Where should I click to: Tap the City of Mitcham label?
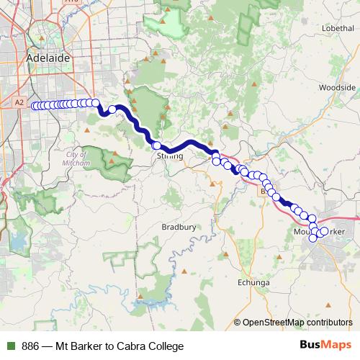click(x=77, y=159)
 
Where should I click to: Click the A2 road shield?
click(x=19, y=104)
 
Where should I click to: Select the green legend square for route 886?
click(x=9, y=346)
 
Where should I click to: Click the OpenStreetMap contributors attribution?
click(x=297, y=323)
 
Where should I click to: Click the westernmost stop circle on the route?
click(x=34, y=106)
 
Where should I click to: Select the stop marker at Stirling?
click(x=156, y=146)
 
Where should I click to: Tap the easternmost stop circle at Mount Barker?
click(x=324, y=231)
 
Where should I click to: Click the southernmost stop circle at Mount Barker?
click(x=313, y=239)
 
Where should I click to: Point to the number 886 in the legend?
click(x=30, y=346)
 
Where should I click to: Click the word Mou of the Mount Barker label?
click(x=302, y=231)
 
